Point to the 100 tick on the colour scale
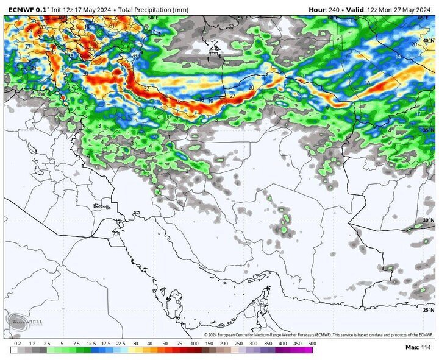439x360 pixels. pos(193,344)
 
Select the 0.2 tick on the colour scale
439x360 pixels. pos(17,344)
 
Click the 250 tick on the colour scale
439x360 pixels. pos(238,344)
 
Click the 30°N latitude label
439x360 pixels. pos(429,220)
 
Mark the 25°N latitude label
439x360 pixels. pos(429,310)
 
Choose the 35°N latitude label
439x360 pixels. pos(429,130)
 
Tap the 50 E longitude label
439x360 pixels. pos(152,18)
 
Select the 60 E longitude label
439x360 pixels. pos(333,18)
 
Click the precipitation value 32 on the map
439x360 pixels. pos(146,89)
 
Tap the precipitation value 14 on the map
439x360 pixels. pos(398,57)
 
